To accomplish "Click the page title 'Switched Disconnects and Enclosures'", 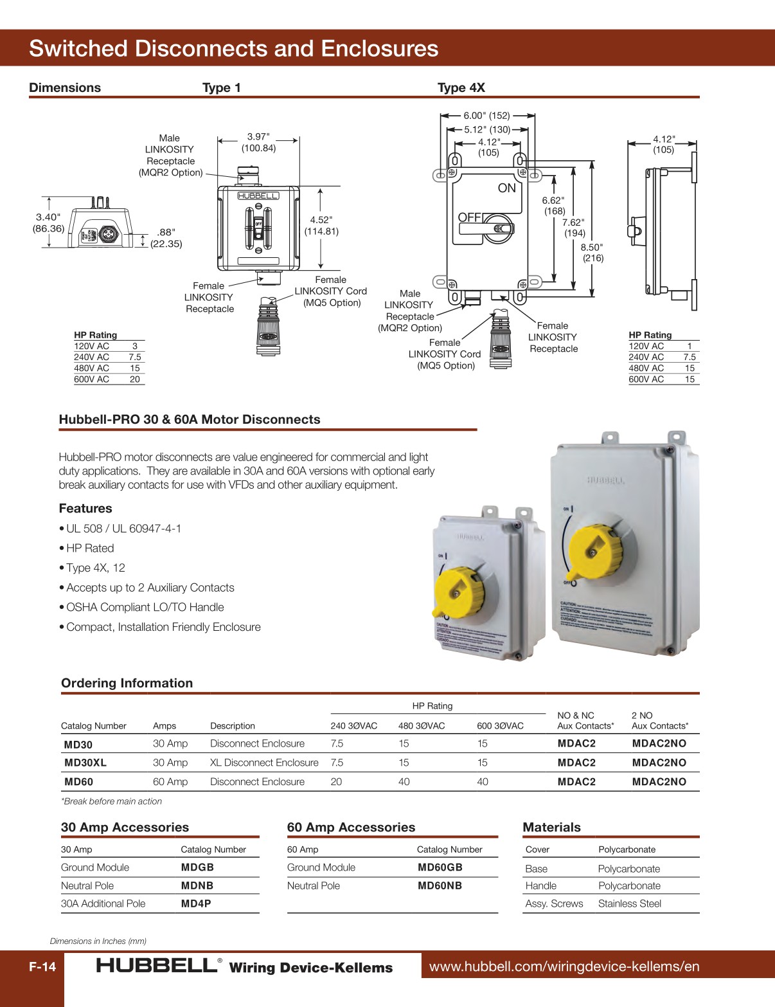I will (x=233, y=49).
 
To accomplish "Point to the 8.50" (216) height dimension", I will (x=592, y=252).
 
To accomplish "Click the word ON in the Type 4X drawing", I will (x=506, y=188).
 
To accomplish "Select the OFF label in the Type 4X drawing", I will (x=470, y=217).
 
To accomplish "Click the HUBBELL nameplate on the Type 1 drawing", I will (x=258, y=195).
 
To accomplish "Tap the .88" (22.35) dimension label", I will (x=166, y=238).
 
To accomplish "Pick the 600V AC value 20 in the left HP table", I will (x=134, y=379).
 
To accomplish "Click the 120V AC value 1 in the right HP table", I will (x=690, y=346).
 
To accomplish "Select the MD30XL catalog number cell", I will (x=85, y=763).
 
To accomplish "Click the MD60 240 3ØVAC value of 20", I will (x=336, y=782).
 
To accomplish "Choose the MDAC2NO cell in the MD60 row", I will (x=659, y=782).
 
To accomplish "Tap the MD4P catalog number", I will (x=196, y=903).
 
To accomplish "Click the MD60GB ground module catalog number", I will (x=440, y=867).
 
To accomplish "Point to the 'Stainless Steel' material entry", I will (x=629, y=903).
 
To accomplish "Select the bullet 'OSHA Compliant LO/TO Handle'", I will (x=145, y=607).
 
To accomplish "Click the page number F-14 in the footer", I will (x=42, y=966).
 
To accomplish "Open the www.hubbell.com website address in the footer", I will (x=564, y=966).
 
